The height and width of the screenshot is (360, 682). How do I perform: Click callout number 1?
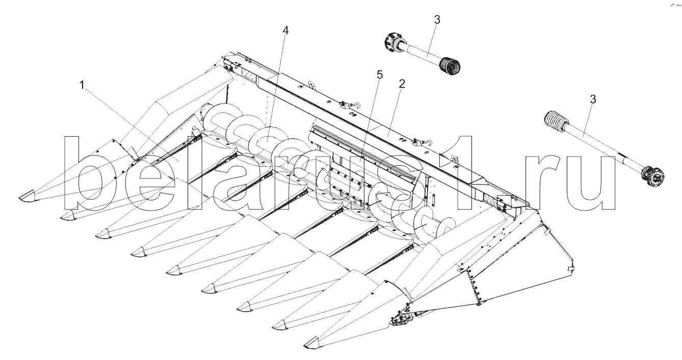coord(82,85)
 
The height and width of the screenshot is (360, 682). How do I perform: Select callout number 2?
coord(402,84)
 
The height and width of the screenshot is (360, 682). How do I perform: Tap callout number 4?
coord(285,31)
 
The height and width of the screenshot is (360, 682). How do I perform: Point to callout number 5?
coord(379,74)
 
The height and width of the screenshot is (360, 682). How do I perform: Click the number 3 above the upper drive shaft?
coord(437,20)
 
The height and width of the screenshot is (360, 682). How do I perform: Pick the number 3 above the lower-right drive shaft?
coord(593,99)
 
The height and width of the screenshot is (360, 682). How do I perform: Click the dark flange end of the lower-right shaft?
coord(652,176)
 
